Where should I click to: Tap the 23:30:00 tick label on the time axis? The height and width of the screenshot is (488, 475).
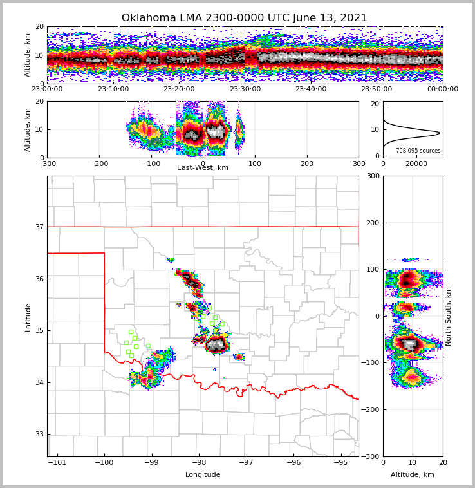[245, 89]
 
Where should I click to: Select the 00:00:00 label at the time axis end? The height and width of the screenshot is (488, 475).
[442, 89]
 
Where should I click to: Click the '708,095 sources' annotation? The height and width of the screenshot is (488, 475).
[418, 151]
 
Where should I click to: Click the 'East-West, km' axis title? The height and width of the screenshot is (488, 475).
[202, 168]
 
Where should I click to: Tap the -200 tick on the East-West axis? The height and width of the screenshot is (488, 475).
[98, 164]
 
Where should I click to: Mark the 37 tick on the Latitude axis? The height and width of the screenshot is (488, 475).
[40, 227]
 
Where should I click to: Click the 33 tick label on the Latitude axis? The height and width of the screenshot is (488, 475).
[40, 435]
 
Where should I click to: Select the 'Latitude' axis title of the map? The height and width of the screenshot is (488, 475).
[28, 317]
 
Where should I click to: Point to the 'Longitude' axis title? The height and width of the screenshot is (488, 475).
[203, 475]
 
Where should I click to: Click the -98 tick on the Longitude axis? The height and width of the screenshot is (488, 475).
[198, 463]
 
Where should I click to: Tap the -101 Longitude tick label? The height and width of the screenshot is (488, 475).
[57, 463]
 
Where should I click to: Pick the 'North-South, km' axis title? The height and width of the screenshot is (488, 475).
[449, 317]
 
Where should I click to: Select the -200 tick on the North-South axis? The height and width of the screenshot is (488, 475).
[369, 410]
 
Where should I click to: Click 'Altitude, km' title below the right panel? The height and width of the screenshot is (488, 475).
[413, 475]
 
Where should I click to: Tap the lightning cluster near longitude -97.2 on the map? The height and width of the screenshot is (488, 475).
[239, 357]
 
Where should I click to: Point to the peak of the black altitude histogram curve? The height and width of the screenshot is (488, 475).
[440, 133]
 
